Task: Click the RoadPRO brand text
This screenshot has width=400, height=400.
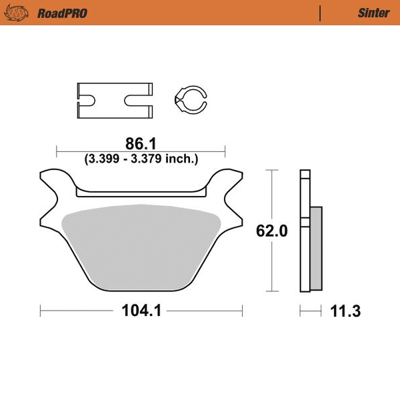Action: tap(62, 13)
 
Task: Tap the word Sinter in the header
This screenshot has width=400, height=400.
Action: tap(373, 13)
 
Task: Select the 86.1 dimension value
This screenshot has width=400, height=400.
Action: tap(141, 143)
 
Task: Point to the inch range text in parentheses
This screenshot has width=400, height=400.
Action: tap(141, 159)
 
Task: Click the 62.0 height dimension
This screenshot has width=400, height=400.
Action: tap(271, 231)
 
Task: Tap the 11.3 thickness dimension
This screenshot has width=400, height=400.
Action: tap(345, 311)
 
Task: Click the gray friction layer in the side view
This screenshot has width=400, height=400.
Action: tap(316, 247)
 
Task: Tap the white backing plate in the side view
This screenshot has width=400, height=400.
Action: tap(305, 233)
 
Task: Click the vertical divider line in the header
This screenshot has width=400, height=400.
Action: tap(321, 13)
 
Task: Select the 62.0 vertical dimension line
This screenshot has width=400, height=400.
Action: tap(271, 200)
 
